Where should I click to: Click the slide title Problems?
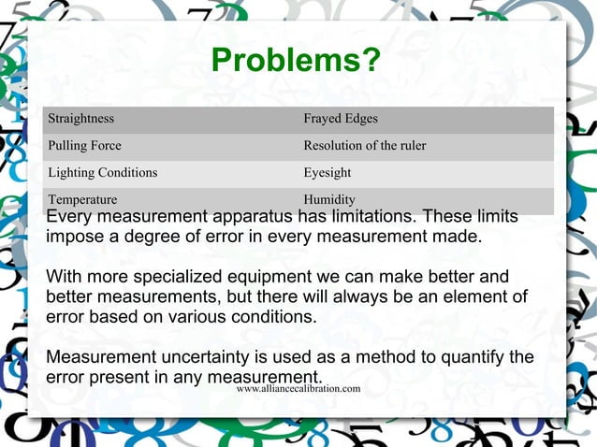(296, 61)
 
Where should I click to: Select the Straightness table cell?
(81, 119)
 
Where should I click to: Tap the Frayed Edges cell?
(341, 119)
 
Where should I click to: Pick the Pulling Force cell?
(84, 146)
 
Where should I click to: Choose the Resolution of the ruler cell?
(364, 146)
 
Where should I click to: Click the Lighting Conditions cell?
(102, 173)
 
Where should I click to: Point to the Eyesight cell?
(328, 173)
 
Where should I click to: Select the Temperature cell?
(82, 199)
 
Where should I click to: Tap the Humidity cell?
(329, 199)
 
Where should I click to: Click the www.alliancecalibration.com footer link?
(298, 388)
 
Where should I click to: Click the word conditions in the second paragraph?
(275, 317)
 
